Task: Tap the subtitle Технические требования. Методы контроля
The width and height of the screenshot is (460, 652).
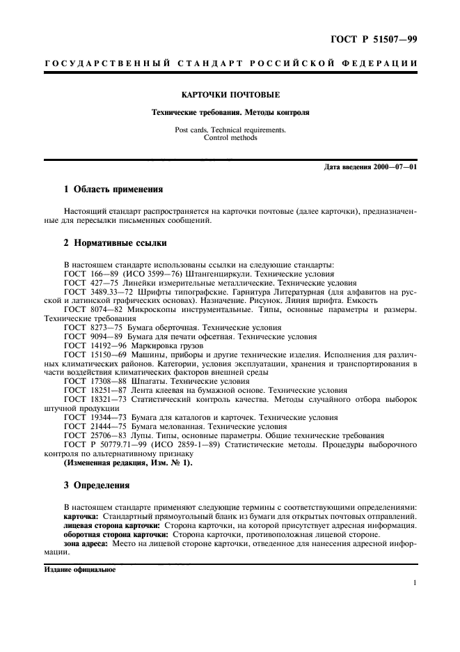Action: [x=230, y=111]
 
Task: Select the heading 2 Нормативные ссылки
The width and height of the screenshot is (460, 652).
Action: [x=114, y=244]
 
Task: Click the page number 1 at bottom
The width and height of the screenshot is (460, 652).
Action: [x=414, y=583]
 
